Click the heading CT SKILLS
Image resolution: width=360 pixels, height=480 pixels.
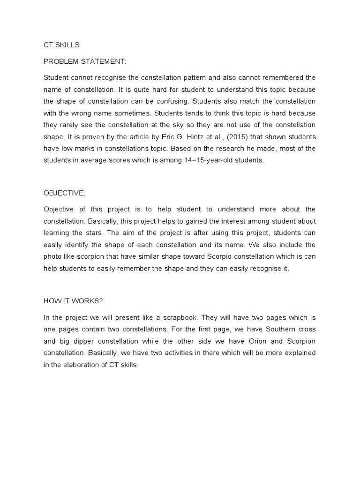click(x=61, y=45)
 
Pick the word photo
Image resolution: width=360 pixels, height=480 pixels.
click(x=52, y=257)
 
